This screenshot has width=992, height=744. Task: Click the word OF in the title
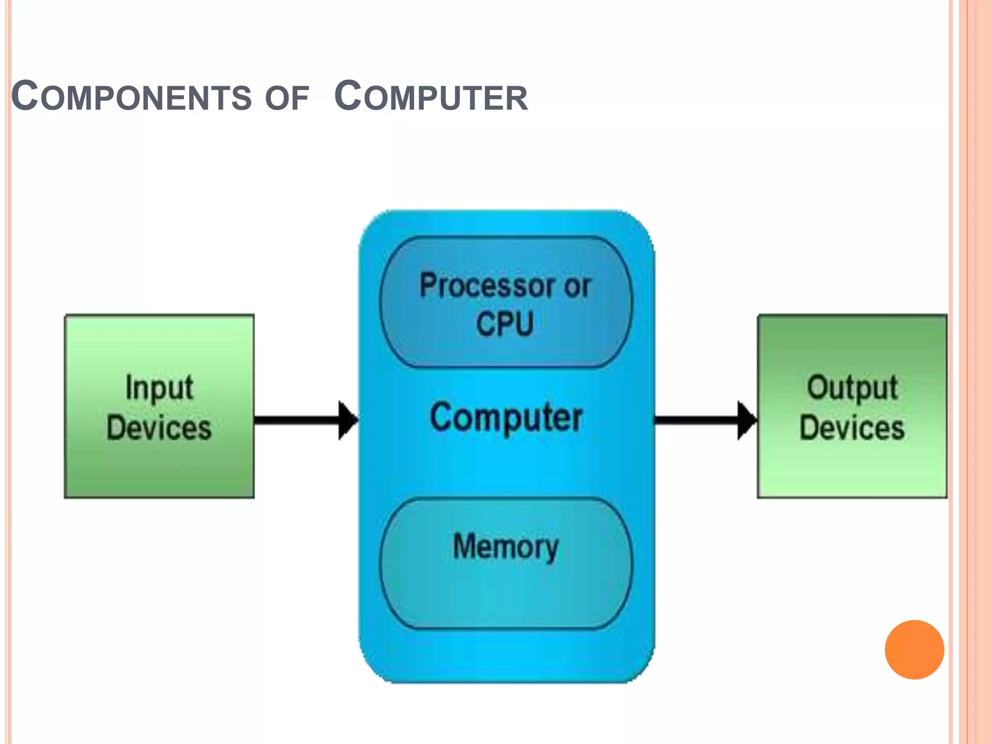(x=287, y=98)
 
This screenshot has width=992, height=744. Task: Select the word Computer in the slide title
(x=431, y=96)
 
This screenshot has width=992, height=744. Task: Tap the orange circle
(x=914, y=650)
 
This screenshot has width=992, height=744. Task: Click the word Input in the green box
(x=159, y=388)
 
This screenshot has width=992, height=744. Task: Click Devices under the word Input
(x=159, y=428)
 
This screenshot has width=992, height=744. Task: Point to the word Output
(x=852, y=388)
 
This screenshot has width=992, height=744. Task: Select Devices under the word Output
(x=852, y=428)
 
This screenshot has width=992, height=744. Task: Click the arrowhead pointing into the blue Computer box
(x=347, y=420)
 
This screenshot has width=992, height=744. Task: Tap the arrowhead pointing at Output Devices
(x=746, y=420)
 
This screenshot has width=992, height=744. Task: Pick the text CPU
(x=505, y=324)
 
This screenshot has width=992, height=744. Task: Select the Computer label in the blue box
(x=506, y=418)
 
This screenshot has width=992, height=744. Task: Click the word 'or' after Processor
(x=577, y=287)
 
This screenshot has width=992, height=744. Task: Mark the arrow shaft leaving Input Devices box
(x=295, y=420)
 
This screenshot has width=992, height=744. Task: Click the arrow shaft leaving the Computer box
(x=695, y=420)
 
